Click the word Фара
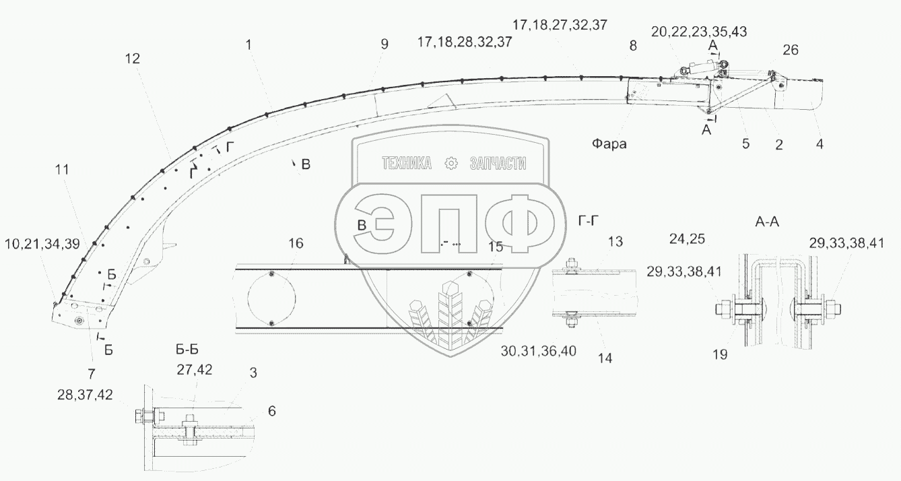609,143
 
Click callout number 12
133,59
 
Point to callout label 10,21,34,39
42,243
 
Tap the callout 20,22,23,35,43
699,32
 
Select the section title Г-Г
589,220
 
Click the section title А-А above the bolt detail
767,222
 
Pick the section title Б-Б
187,350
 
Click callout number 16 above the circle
296,243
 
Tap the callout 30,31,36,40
539,351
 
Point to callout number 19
720,354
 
